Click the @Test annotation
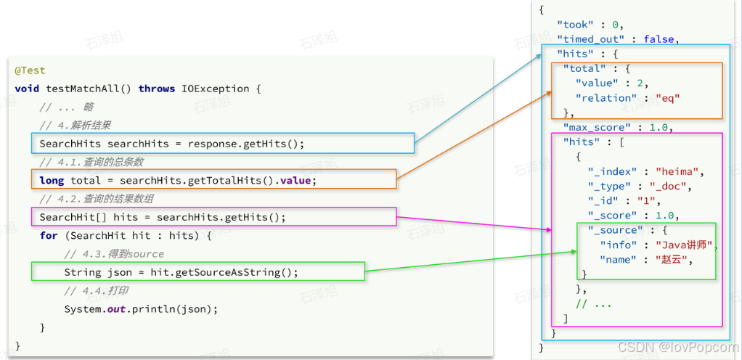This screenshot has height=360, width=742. click(x=30, y=70)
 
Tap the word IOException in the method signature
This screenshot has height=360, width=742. click(x=216, y=89)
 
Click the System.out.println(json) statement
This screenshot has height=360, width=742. click(x=141, y=309)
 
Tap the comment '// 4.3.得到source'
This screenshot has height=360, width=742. click(x=114, y=254)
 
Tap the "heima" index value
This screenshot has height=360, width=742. click(x=679, y=172)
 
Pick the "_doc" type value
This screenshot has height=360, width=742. click(x=672, y=187)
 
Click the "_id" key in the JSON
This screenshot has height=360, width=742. click(x=604, y=201)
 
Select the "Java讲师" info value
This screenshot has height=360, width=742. click(x=684, y=245)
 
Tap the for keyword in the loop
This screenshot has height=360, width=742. click(x=49, y=236)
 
